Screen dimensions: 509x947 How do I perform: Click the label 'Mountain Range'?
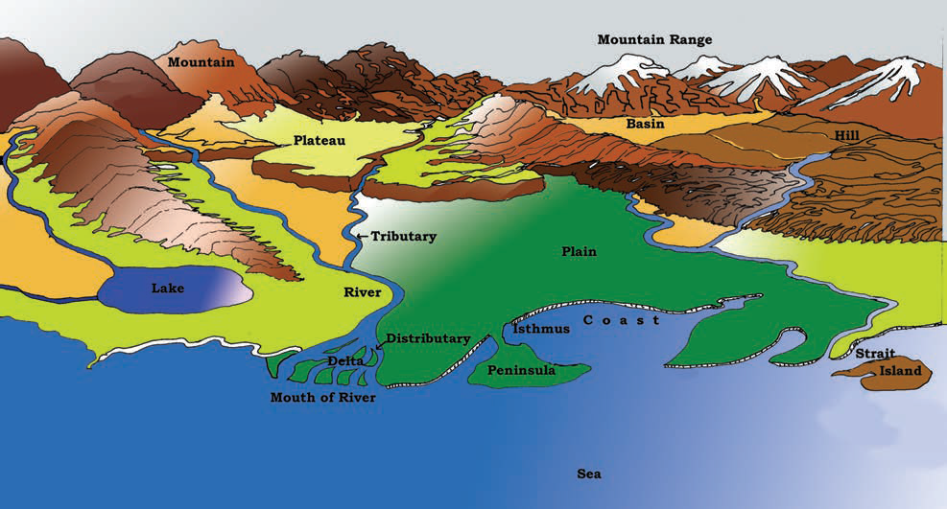654,39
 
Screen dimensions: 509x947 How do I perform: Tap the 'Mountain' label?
201,62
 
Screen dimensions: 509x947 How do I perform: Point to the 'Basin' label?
646,124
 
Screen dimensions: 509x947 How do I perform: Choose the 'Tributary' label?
404,236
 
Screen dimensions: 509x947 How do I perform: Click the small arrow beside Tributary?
362,236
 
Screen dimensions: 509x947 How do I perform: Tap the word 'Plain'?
579,251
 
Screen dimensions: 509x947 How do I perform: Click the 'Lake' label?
167,287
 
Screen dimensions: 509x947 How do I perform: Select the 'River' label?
362,292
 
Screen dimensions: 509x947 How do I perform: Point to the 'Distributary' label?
428,338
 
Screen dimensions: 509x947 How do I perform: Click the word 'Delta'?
345,360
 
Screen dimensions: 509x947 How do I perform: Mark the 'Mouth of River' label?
322,397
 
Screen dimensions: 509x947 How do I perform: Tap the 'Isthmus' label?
541,328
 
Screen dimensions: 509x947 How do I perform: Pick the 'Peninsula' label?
522,370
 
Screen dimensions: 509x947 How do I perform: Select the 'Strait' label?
874,353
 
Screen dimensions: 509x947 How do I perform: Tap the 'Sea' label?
589,474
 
